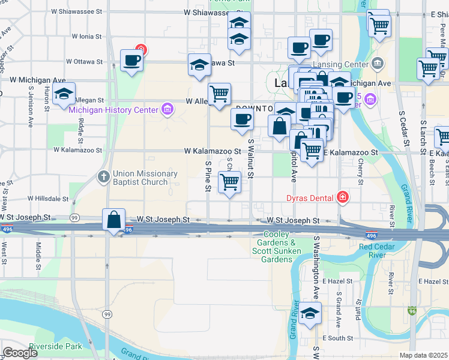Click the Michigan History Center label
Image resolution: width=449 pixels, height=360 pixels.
(x=113, y=110)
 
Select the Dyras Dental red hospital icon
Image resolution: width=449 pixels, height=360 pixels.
(x=342, y=197)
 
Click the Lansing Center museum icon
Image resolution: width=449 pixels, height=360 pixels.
(x=378, y=63)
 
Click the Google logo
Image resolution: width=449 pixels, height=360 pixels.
(x=20, y=353)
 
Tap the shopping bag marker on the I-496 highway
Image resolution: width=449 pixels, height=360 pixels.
(x=113, y=220)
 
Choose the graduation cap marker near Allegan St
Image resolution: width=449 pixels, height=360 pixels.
(x=64, y=94)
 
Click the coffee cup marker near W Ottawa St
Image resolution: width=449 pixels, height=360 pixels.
(x=131, y=59)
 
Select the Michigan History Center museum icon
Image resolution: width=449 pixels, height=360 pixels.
(x=167, y=109)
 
